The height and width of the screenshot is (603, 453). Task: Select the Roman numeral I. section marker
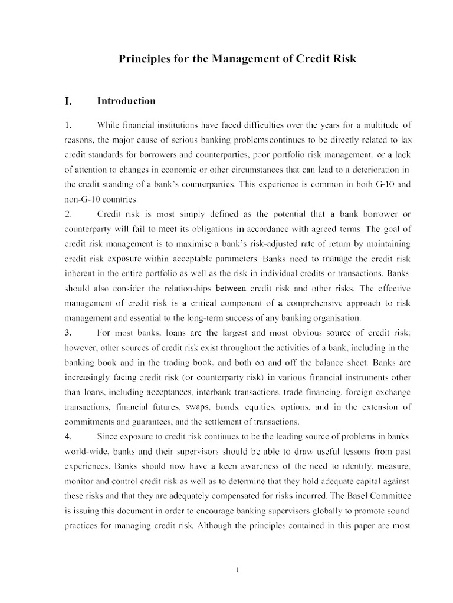[x=68, y=101]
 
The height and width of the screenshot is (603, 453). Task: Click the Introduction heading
[x=126, y=101]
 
